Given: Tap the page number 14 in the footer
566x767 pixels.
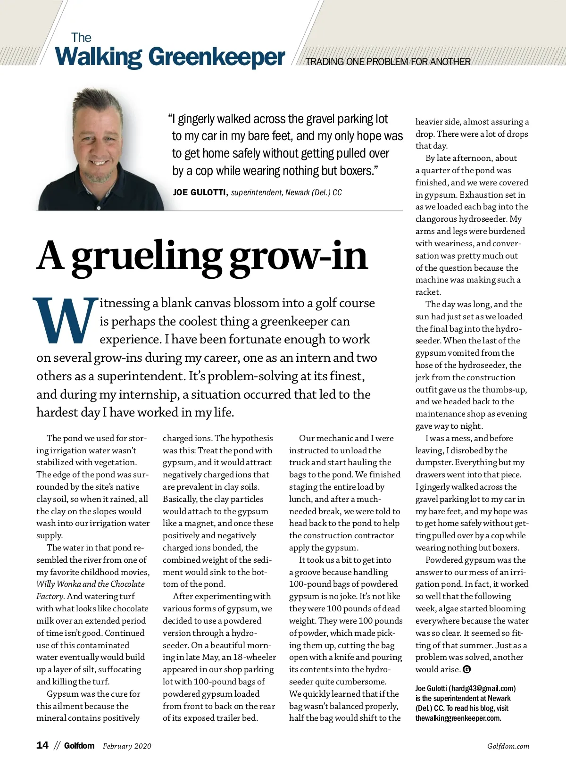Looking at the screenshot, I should coord(42,745).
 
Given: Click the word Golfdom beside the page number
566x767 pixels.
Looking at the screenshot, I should coord(79,746).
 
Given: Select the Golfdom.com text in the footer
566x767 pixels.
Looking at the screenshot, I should coord(508,746).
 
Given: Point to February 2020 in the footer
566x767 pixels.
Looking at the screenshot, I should coord(127,746).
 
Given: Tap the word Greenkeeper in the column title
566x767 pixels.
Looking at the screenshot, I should coord(217,58).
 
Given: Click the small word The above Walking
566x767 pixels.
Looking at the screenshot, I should coord(81,38).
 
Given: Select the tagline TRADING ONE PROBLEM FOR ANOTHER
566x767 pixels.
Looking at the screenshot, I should coord(388,62).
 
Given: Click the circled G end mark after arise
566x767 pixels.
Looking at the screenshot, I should coord(467,669).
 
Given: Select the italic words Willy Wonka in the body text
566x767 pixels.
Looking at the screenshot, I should coord(58,584).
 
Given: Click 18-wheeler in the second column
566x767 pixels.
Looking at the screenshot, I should coord(255,657).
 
